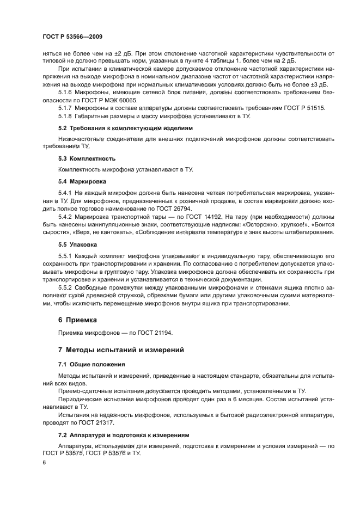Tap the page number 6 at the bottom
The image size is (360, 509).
pos(44,462)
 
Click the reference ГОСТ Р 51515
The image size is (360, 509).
pos(304,108)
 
